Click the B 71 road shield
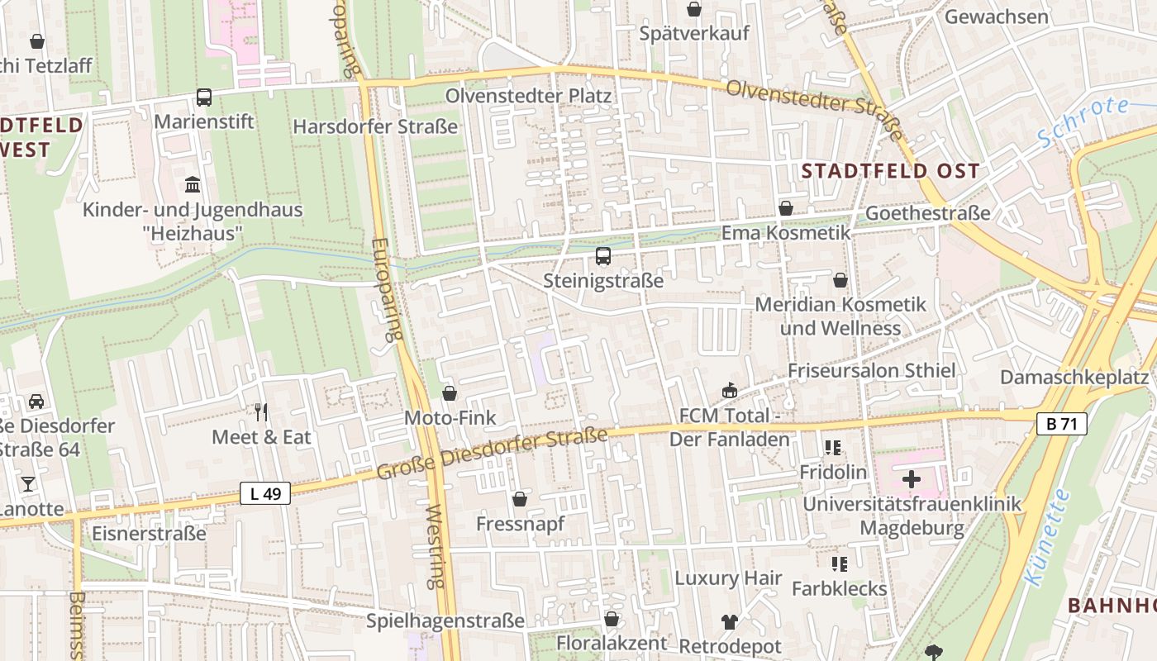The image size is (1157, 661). click(1061, 424)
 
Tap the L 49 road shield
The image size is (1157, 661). click(265, 494)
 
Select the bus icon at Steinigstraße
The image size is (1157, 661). click(603, 256)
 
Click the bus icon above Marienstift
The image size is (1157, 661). click(204, 97)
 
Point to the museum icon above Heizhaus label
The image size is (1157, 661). click(193, 183)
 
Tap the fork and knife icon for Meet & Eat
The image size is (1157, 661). click(261, 411)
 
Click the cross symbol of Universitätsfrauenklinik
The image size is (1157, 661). click(912, 479)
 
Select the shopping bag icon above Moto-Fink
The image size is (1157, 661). click(450, 393)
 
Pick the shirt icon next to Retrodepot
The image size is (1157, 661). click(729, 621)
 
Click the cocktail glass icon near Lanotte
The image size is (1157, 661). click(28, 484)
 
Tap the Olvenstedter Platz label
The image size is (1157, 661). click(529, 96)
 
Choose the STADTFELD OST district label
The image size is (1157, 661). click(891, 172)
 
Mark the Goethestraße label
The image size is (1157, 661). click(927, 213)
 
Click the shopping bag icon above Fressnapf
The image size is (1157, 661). click(520, 499)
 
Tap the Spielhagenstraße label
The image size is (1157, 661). click(445, 621)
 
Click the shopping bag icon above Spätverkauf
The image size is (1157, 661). click(694, 9)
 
